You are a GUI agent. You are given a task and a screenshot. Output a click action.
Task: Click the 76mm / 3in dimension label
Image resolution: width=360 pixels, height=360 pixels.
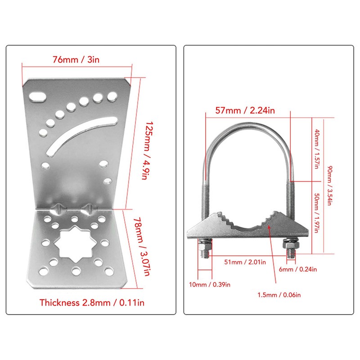(x=76, y=60)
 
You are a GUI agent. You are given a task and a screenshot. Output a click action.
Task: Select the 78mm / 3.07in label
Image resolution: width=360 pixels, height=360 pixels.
(x=142, y=247)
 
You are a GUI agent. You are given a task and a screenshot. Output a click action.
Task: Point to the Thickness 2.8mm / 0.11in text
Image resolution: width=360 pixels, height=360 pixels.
(x=92, y=302)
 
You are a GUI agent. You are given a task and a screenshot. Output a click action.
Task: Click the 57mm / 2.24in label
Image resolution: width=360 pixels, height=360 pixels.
(x=245, y=110)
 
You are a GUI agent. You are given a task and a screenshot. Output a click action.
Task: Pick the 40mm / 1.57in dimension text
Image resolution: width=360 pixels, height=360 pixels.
(x=317, y=149)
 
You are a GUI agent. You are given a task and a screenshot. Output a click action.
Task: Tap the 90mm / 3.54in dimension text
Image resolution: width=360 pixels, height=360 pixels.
(x=330, y=185)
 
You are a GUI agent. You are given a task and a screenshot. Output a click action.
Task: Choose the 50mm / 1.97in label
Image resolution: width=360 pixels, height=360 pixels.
(x=317, y=213)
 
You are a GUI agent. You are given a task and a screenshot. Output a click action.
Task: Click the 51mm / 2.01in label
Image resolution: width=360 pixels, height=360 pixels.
(x=245, y=262)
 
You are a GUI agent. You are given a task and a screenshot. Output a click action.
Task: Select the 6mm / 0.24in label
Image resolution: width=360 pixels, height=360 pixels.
(x=298, y=269)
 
